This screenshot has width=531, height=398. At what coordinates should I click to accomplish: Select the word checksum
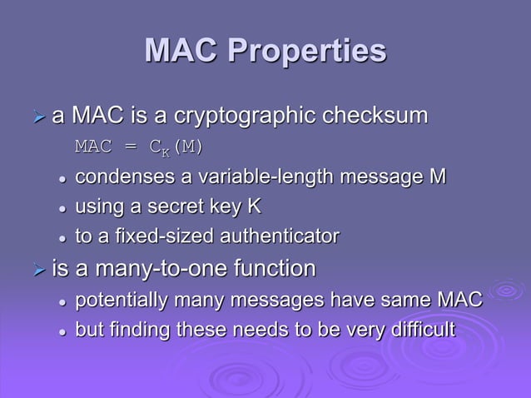tap(381, 116)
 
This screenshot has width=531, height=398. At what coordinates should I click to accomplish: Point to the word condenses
tap(117, 178)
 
